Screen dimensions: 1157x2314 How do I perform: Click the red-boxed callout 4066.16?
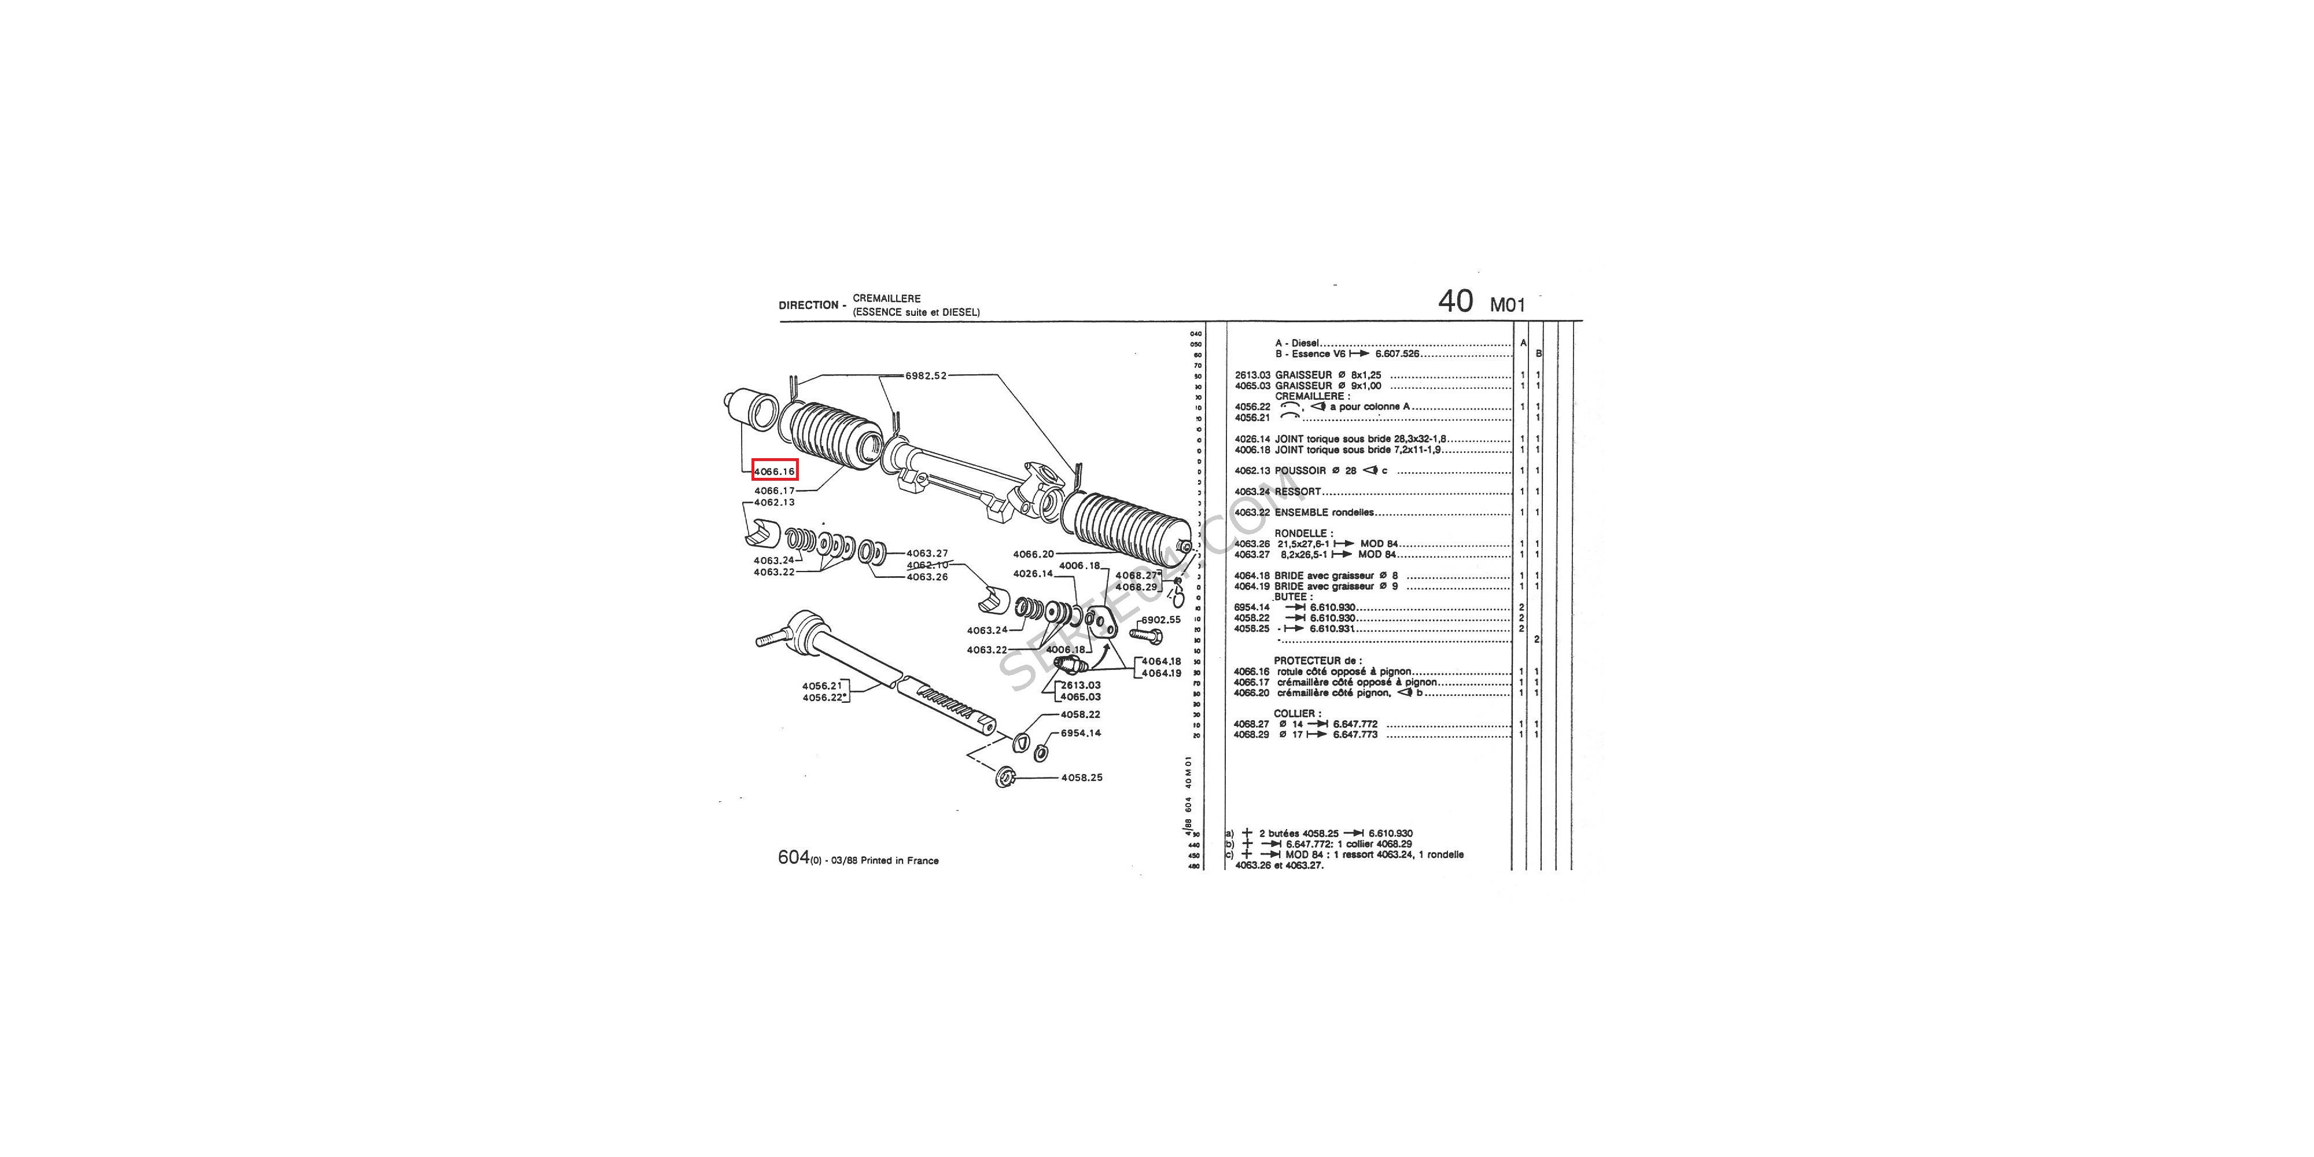point(775,471)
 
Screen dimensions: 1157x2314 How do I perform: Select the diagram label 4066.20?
point(1033,554)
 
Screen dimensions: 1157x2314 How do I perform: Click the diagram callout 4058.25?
point(1082,777)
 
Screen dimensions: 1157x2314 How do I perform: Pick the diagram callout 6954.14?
point(1081,733)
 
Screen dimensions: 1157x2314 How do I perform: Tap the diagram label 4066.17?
point(775,491)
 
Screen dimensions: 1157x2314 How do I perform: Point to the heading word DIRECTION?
point(808,305)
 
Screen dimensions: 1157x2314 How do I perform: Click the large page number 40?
point(1456,301)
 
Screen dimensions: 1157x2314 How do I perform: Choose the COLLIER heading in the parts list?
point(1296,713)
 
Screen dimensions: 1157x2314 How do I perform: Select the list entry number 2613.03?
point(1251,375)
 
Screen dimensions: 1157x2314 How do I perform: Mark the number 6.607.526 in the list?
point(1397,354)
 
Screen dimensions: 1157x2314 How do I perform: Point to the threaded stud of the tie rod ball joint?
point(768,640)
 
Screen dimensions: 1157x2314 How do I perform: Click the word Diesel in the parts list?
point(1305,343)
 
